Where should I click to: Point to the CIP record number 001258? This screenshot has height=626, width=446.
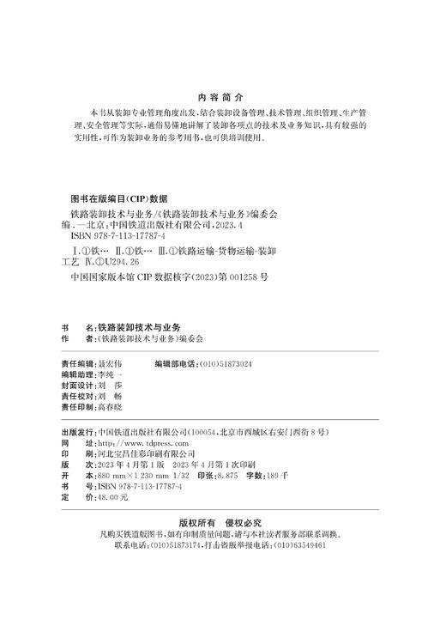(x=242, y=277)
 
